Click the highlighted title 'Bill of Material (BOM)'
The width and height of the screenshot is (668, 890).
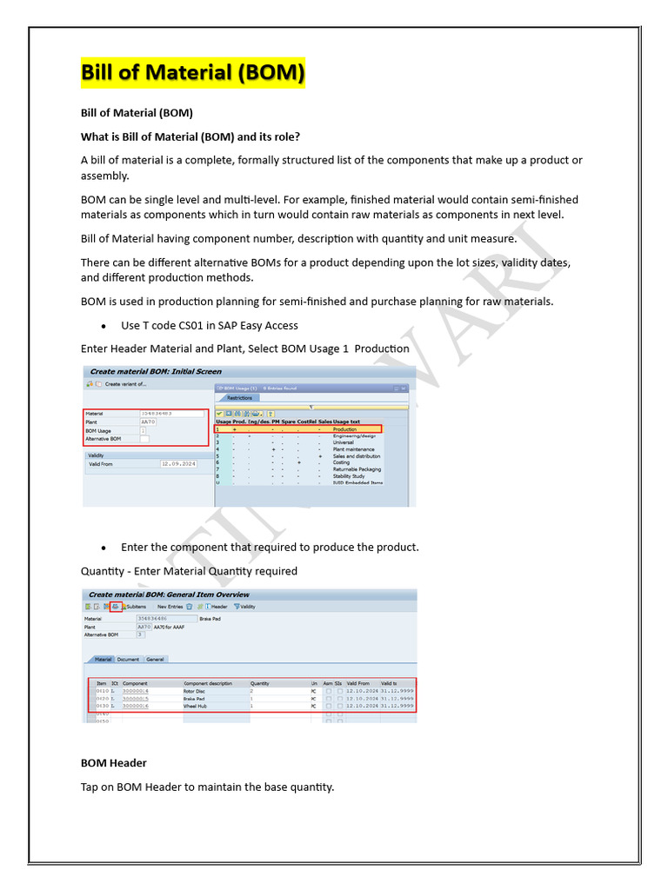click(x=193, y=72)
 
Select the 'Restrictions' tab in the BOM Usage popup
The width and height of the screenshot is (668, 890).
click(x=239, y=398)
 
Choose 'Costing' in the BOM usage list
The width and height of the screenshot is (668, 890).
click(x=342, y=462)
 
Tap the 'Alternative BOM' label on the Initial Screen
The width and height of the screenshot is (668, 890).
click(x=105, y=439)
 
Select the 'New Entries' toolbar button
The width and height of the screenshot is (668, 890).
click(x=170, y=607)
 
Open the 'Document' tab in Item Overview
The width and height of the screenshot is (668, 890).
click(x=128, y=660)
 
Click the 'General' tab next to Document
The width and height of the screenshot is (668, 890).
click(x=155, y=660)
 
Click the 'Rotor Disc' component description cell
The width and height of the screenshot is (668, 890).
click(x=196, y=691)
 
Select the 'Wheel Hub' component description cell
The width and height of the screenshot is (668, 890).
click(x=196, y=706)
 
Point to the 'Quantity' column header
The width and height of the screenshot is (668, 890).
click(x=260, y=683)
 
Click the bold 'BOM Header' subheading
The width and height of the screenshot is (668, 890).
click(x=113, y=763)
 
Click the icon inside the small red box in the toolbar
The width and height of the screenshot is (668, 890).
click(x=116, y=607)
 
